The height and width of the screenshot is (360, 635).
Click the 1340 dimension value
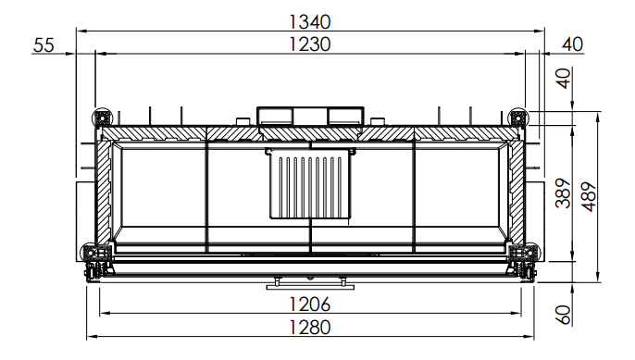310,22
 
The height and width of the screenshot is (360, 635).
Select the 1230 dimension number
310,44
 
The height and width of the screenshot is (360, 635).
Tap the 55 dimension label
44,45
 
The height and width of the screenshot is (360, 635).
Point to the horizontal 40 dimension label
573,44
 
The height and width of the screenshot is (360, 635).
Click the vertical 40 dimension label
564,78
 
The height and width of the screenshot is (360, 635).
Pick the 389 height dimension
564,192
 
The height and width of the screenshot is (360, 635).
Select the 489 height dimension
590,196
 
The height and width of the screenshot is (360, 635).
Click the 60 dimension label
564,315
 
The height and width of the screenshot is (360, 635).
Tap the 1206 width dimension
310,304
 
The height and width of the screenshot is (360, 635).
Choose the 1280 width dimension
310,328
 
